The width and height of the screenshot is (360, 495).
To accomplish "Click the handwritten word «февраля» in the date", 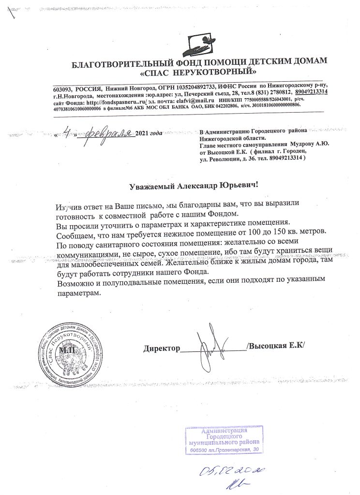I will tap(109, 131).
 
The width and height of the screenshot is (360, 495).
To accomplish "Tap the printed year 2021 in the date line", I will tap(143, 133).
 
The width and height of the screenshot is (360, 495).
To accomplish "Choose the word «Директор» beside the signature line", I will tap(161, 347).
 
